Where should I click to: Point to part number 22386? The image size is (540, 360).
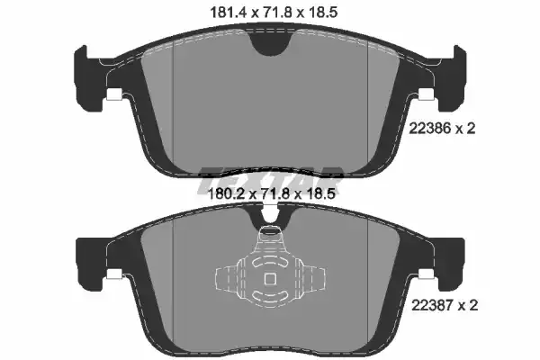point(430,129)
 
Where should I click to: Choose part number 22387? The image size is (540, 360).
point(433,305)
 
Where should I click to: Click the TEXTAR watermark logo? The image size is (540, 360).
point(270,179)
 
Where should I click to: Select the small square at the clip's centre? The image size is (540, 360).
point(269,279)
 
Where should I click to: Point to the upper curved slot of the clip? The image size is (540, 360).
point(269,263)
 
